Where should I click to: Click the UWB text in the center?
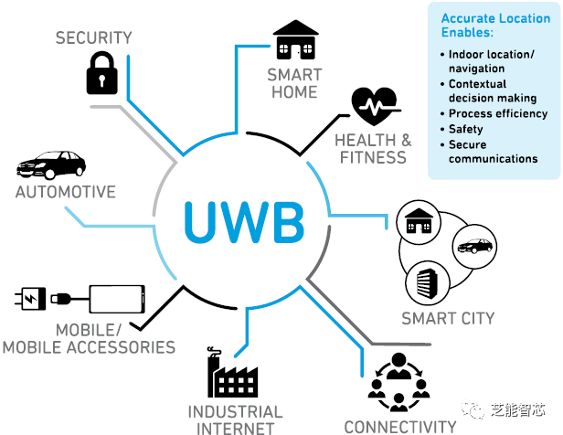coord(244,222)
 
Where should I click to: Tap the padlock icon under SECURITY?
coord(102,73)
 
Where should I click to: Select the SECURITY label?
coord(94,37)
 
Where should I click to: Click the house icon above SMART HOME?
coord(295,40)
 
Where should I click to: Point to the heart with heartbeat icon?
coord(375,106)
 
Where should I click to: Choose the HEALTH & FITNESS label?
coord(373,149)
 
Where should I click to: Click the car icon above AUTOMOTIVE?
coord(51,165)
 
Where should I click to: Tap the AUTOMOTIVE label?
coord(66,192)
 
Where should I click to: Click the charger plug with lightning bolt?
coord(30,299)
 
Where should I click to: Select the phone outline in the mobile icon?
coord(117,300)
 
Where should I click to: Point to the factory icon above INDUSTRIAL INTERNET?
coord(232,372)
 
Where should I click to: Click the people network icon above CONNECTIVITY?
coord(398,382)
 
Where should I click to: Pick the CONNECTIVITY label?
coord(400,427)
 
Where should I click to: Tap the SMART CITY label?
coord(448,318)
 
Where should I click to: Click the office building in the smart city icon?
coord(428,283)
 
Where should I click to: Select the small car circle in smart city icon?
coord(474,247)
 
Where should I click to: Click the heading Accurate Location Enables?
coord(495,25)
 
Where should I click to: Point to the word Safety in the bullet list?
coord(466,129)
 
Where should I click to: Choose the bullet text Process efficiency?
coord(498,113)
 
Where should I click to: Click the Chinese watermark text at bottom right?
coord(517,409)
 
